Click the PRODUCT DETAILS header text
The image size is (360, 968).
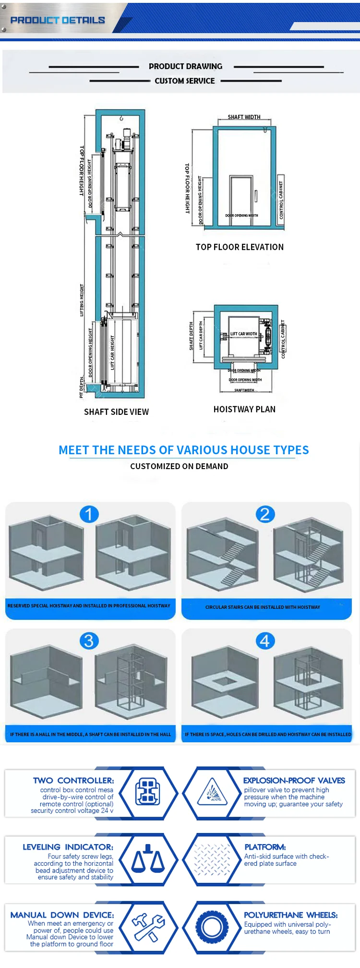click(58, 20)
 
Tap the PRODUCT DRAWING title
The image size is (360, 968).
click(185, 66)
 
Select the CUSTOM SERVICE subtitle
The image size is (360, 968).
click(185, 81)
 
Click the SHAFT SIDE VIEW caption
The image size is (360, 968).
click(116, 411)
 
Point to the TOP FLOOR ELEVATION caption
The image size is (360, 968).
click(240, 247)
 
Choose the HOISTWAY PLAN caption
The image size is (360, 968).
click(244, 409)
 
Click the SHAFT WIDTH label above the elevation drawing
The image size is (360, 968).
click(244, 117)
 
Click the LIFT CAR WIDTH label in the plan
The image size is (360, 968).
click(243, 334)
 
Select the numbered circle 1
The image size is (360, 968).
click(89, 514)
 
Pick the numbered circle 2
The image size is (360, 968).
click(264, 514)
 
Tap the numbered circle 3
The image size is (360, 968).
click(89, 641)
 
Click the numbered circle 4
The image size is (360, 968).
click(264, 641)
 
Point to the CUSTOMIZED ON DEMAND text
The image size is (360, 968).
click(179, 466)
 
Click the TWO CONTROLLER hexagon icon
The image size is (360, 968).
click(148, 793)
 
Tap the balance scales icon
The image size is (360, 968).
click(148, 859)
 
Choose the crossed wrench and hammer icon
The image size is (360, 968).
click(148, 927)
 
